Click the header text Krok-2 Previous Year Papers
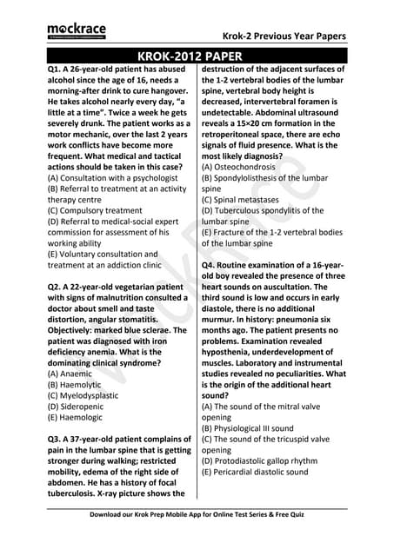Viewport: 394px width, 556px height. coord(283,36)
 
